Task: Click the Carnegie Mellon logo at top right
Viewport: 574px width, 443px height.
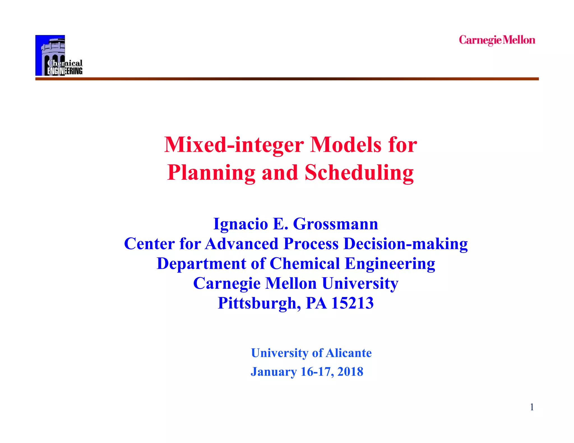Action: coord(497,40)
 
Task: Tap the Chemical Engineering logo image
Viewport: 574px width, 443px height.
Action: coord(59,55)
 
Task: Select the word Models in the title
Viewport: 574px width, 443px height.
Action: coord(346,145)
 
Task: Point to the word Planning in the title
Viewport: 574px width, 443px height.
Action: coord(211,173)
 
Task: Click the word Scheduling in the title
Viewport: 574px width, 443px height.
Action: coord(359,173)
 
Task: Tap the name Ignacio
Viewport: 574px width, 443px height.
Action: coord(240,224)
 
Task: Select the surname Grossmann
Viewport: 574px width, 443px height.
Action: coord(335,224)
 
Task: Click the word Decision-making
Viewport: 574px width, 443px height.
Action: coord(406,244)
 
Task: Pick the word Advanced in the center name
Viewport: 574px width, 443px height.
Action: coord(242,244)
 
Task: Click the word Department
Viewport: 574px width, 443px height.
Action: coord(201,264)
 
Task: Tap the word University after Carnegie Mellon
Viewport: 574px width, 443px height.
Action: coord(360,283)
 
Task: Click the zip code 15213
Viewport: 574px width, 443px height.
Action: coord(352,303)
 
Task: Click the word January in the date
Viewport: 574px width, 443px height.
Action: coord(274,372)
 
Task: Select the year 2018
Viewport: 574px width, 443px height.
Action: coord(350,372)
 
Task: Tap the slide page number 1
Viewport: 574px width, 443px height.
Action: coord(532,407)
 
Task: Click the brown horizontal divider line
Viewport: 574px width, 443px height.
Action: coord(287,79)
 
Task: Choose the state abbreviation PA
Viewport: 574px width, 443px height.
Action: coord(316,303)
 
